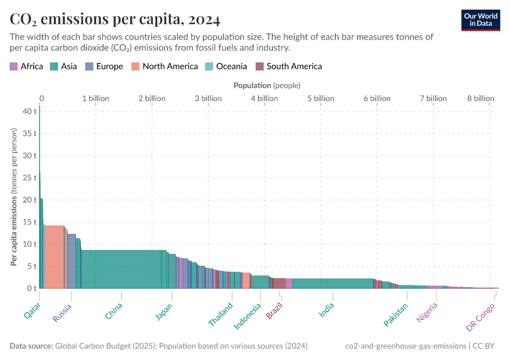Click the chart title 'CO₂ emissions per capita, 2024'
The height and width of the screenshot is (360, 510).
(x=115, y=19)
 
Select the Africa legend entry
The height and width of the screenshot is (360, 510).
(x=26, y=67)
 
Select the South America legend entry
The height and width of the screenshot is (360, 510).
(x=289, y=67)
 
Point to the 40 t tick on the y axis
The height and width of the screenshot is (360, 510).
(x=30, y=111)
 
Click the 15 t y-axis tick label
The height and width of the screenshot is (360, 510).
(x=30, y=222)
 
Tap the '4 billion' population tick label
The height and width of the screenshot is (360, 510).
(x=264, y=98)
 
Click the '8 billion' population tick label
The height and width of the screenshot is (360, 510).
(x=481, y=98)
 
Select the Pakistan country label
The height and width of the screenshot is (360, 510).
(x=396, y=314)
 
